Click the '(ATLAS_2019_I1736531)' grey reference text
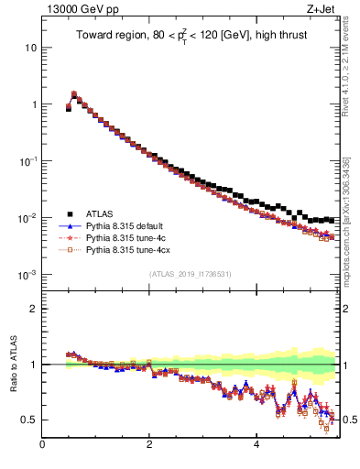tap(190, 275)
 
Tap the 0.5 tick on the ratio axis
tap(30, 420)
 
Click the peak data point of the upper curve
tap(74, 94)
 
